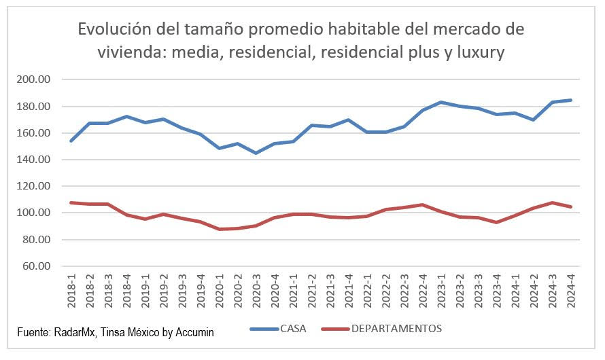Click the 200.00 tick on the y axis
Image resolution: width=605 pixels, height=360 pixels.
[34, 79]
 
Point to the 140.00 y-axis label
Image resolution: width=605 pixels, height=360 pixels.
[34, 160]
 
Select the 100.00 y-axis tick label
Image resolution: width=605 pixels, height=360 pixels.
[34, 213]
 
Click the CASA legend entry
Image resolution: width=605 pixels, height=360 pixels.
[293, 329]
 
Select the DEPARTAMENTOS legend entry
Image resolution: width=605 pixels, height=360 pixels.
[396, 329]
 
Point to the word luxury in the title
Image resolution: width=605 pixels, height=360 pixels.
[480, 52]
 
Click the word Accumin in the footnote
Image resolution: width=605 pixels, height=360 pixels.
[194, 332]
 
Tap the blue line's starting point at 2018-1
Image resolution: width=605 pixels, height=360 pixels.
[71, 141]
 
